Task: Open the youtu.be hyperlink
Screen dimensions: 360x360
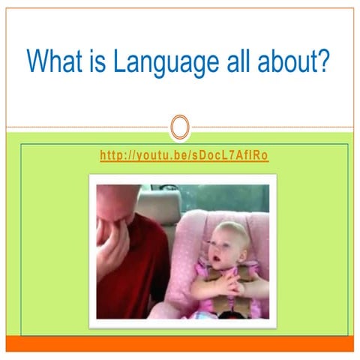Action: tap(184, 156)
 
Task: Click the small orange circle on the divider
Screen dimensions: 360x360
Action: tap(179, 127)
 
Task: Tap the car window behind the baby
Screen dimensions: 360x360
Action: tap(225, 196)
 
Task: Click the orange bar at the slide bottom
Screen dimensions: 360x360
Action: tap(179, 343)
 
